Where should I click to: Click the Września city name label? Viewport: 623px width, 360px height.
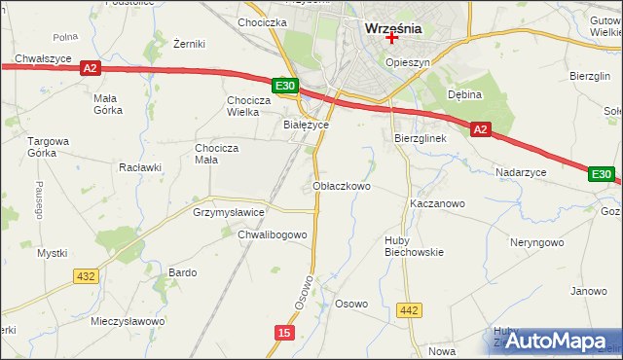(392, 28)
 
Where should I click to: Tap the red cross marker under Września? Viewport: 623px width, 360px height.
(392, 39)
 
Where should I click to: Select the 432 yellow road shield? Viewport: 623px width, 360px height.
(86, 276)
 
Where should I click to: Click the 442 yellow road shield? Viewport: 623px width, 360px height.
(410, 310)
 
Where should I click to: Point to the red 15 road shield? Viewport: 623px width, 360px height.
(283, 333)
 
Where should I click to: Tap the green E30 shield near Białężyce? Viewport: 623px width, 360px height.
(284, 87)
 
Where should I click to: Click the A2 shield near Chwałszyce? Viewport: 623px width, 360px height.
(90, 68)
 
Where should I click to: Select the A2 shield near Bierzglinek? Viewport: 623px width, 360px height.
(479, 128)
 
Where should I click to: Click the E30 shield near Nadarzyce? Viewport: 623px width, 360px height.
(602, 174)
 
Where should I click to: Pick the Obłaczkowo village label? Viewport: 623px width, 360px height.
(342, 186)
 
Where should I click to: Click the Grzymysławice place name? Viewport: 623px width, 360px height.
(229, 211)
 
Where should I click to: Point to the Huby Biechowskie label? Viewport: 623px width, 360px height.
(413, 245)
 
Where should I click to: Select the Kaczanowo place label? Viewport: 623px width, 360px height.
(437, 204)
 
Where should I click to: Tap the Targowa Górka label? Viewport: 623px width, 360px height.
(49, 147)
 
